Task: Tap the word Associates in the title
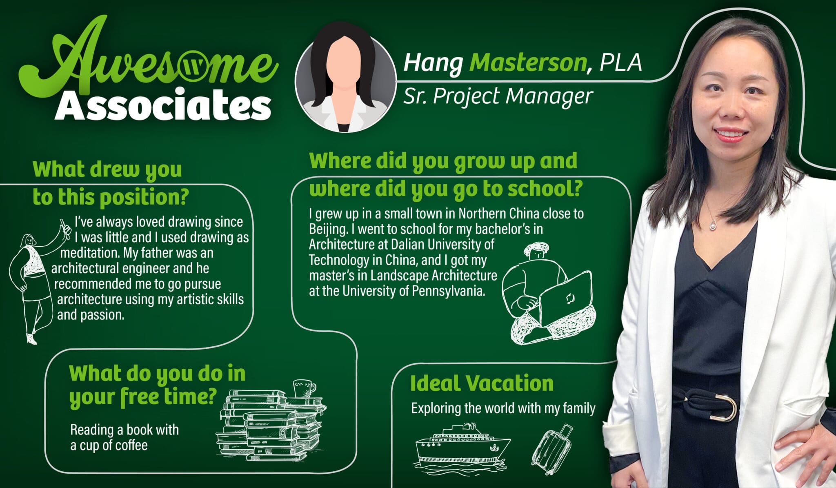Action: pyautogui.click(x=163, y=105)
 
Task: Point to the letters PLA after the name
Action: pyautogui.click(x=621, y=63)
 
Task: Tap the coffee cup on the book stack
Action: pyautogui.click(x=304, y=388)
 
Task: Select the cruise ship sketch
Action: pyautogui.click(x=462, y=446)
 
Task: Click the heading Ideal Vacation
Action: pyautogui.click(x=482, y=383)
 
